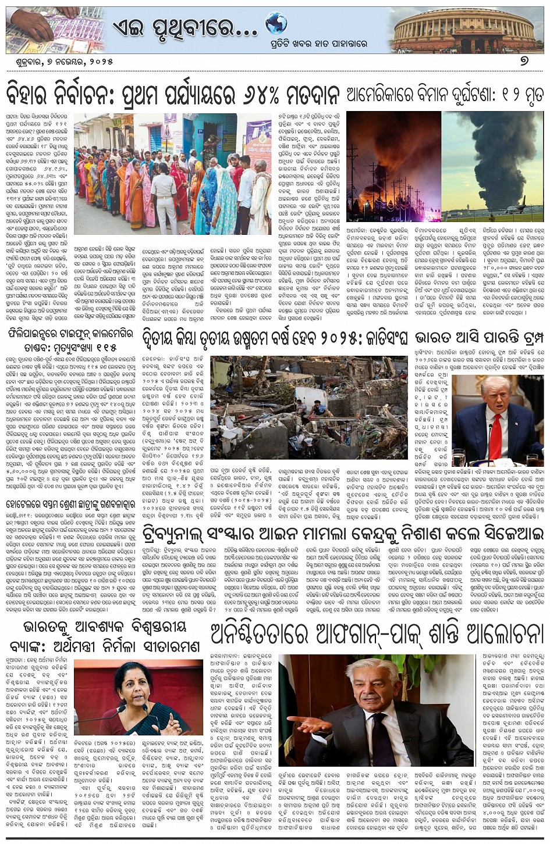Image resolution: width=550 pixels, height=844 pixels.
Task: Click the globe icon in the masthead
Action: pos(276,23)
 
